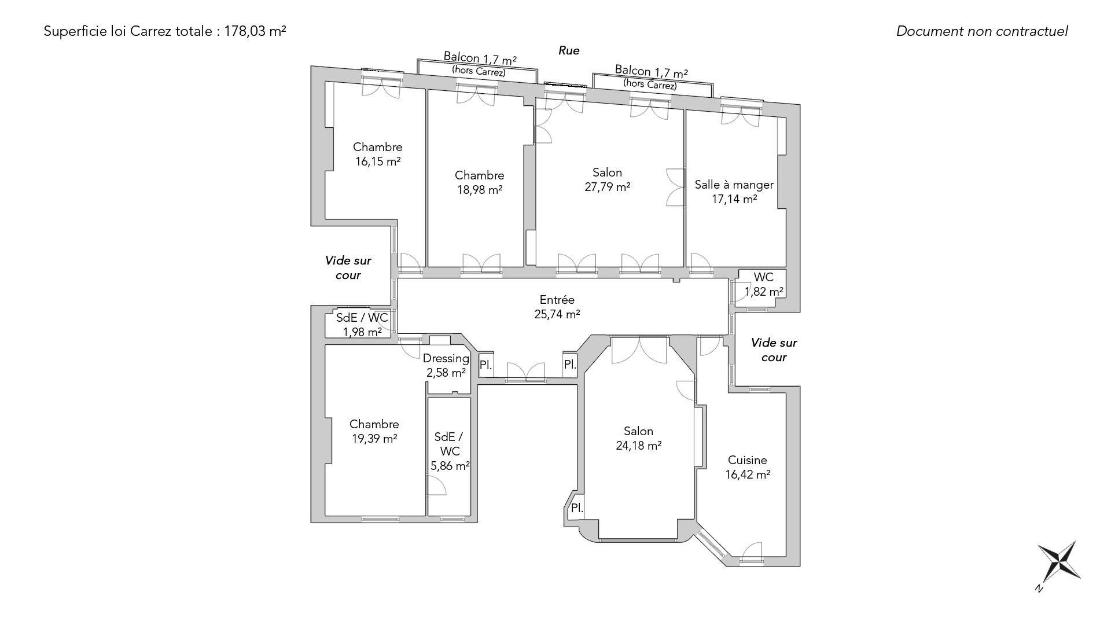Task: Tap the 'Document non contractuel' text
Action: click(982, 31)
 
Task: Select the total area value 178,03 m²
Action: click(255, 31)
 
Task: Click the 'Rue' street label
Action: click(569, 50)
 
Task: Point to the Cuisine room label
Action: click(748, 460)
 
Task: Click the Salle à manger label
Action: click(734, 185)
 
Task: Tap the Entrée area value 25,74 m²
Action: click(557, 314)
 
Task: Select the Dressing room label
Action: click(446, 358)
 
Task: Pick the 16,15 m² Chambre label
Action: click(378, 154)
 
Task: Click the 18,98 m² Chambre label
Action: click(480, 182)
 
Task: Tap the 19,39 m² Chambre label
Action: click(374, 431)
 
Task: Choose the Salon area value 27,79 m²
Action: click(607, 187)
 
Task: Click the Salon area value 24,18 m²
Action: click(639, 446)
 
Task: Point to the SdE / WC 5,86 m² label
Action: click(450, 451)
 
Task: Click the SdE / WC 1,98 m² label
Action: click(362, 325)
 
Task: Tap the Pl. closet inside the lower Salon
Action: click(577, 508)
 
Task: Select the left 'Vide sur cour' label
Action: click(348, 268)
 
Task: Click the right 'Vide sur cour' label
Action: click(774, 350)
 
